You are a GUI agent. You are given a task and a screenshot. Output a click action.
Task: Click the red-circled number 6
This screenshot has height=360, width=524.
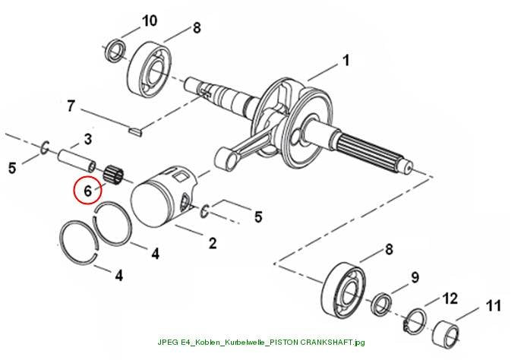click(x=87, y=191)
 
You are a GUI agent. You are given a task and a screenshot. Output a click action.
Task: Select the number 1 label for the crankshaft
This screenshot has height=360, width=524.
click(x=346, y=61)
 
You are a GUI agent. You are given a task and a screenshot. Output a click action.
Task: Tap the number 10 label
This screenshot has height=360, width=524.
click(x=150, y=21)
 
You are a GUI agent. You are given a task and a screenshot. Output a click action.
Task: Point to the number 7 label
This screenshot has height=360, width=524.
click(x=71, y=106)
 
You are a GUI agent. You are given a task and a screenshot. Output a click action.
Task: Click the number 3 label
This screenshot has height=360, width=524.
click(x=88, y=140)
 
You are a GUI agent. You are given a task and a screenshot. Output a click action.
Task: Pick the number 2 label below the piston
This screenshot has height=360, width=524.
click(x=213, y=243)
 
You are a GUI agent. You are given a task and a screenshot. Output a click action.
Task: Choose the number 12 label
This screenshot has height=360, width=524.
click(x=450, y=298)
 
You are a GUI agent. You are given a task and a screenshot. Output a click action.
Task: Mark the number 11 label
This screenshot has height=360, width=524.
click(x=494, y=306)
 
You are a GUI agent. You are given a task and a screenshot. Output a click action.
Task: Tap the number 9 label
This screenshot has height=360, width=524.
click(x=415, y=277)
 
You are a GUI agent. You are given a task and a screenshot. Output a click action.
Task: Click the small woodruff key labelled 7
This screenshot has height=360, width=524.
click(x=136, y=131)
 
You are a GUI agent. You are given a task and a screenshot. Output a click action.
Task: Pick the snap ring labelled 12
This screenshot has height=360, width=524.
click(x=415, y=321)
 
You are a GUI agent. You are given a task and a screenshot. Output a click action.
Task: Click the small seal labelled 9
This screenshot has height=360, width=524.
click(x=382, y=305)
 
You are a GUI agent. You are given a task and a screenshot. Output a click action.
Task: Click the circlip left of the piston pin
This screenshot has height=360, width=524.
click(x=45, y=148)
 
